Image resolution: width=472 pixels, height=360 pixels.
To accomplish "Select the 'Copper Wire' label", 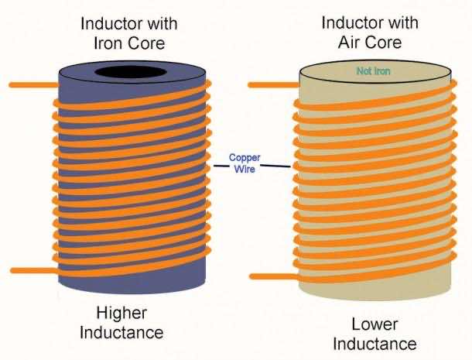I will [x=245, y=163].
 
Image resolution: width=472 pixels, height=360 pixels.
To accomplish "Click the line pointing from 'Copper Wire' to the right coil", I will [x=279, y=166].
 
